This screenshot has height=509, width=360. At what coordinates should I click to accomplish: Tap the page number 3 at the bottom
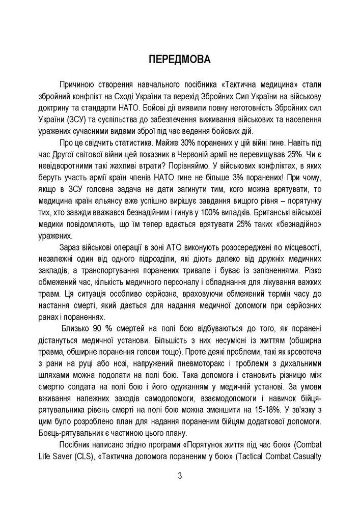coord(180,476)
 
